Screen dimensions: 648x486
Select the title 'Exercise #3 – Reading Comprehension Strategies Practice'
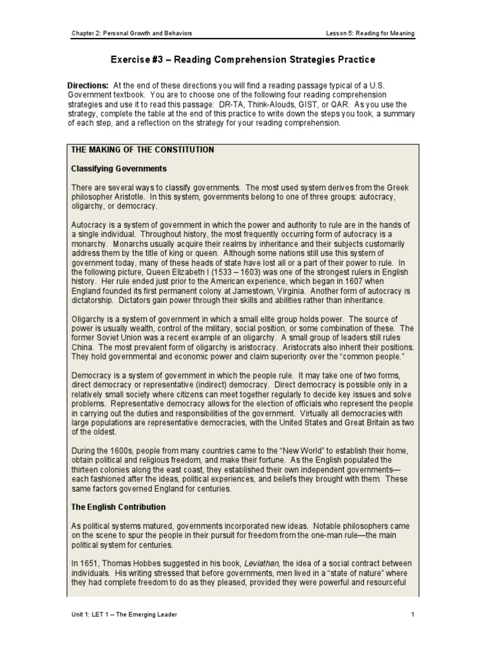pos(243,60)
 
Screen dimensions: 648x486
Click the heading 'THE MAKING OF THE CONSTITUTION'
pos(142,150)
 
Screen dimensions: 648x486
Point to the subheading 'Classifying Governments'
pos(119,169)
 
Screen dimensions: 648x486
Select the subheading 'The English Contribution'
pos(118,507)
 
